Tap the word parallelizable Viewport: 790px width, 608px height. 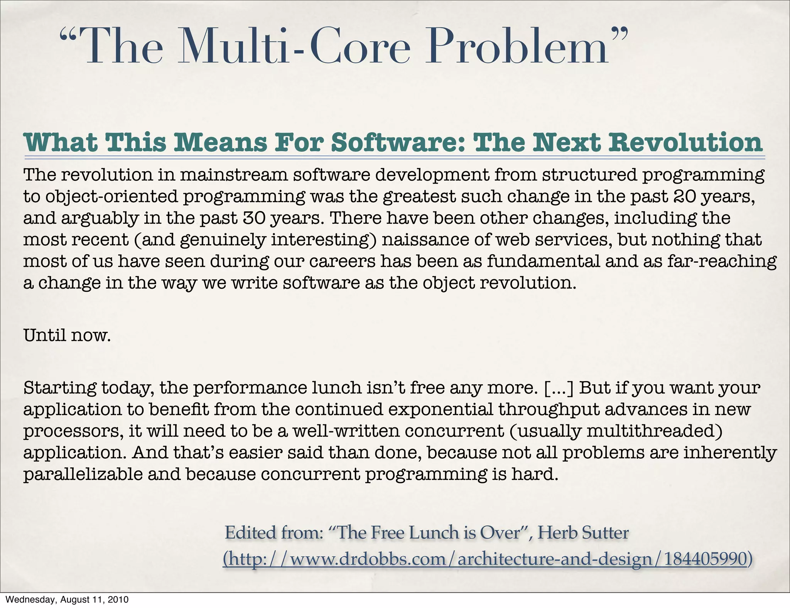tap(83, 474)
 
